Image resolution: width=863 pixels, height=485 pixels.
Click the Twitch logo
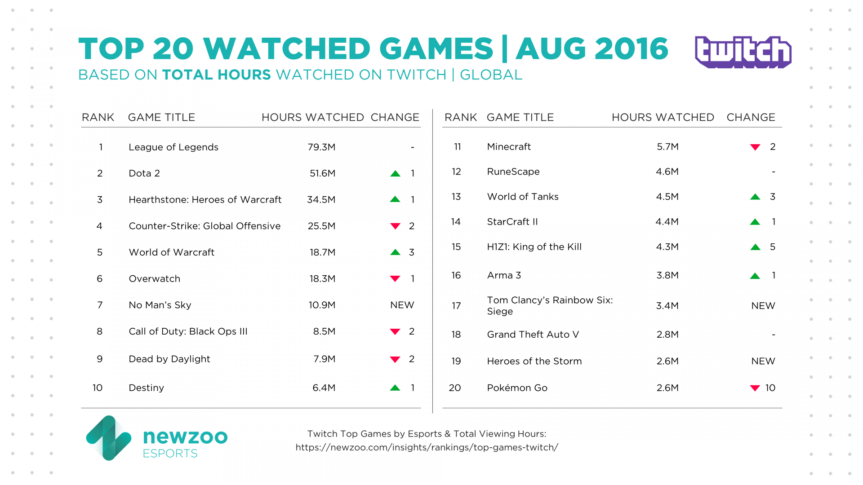(x=743, y=52)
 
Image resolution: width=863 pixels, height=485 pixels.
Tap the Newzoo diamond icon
(x=108, y=438)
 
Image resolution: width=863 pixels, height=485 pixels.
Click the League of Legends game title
(x=173, y=147)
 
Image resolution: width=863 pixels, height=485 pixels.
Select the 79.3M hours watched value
(x=321, y=147)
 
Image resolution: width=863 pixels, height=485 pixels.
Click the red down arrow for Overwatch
(x=395, y=279)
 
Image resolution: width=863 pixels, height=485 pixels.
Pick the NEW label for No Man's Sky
(x=402, y=305)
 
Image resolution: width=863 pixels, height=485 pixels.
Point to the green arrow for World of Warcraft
(x=395, y=252)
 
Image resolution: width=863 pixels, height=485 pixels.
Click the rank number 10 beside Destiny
(x=98, y=388)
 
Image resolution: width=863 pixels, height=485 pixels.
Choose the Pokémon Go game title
(x=517, y=388)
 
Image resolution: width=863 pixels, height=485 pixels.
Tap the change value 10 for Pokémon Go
(x=770, y=388)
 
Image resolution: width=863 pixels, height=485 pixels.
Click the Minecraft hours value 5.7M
(x=667, y=147)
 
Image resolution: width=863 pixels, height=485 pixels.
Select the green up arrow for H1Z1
(x=755, y=247)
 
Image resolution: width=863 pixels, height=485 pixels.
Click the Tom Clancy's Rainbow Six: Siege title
(x=549, y=305)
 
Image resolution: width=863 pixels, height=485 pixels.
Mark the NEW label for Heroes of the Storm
(x=763, y=361)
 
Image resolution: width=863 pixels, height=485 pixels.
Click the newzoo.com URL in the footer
(x=427, y=447)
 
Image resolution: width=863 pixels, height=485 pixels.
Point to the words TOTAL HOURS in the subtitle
(x=216, y=75)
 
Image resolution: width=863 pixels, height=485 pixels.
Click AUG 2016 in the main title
(x=592, y=48)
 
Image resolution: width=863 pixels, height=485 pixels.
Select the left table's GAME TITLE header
(x=161, y=117)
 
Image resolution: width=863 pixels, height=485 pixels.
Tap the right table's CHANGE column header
(x=751, y=117)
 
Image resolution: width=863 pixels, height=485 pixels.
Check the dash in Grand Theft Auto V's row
(x=773, y=335)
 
